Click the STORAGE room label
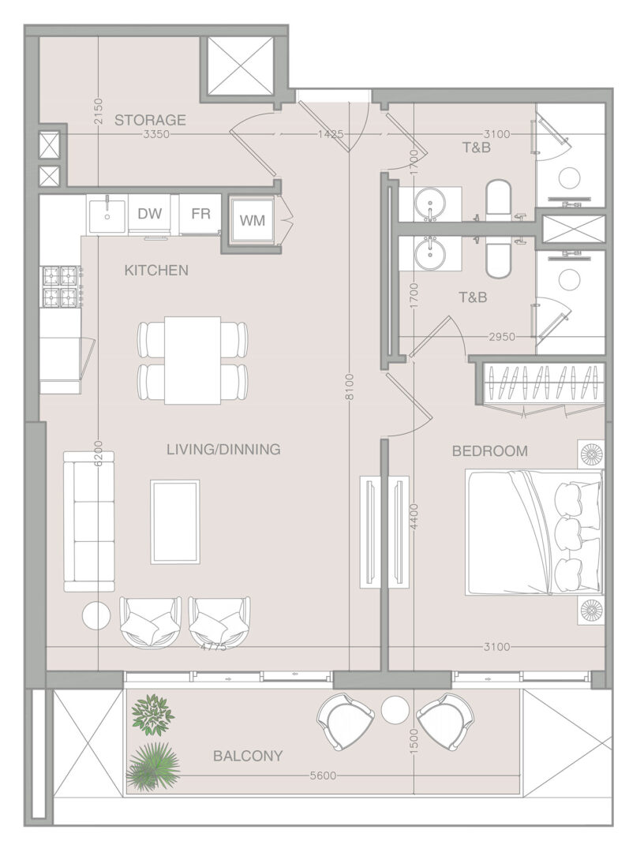coord(150,120)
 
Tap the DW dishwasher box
coord(149,214)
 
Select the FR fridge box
coord(200,214)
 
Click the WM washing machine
coord(253,220)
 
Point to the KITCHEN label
coord(156,270)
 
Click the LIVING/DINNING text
coord(223,450)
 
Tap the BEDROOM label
coord(489,451)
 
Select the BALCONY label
coord(248,756)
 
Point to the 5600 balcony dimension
coord(323,776)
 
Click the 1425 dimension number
coord(331,133)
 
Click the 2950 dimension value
coord(502,337)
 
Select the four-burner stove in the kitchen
coord(60,286)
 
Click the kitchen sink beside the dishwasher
coord(107,215)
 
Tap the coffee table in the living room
coord(175,521)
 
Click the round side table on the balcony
coord(395,710)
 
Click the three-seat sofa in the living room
coord(89,521)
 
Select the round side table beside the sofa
coord(96,615)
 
